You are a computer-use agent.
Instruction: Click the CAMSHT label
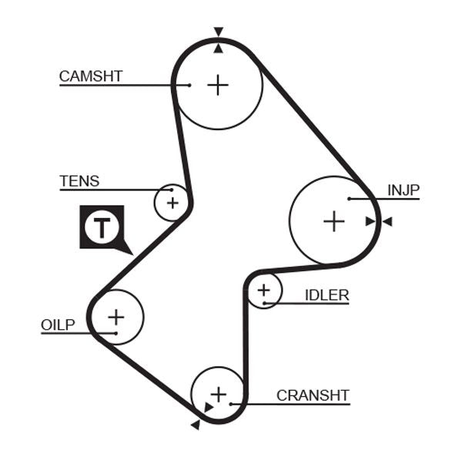click(91, 76)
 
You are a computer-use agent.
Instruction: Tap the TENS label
click(79, 181)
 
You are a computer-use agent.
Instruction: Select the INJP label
click(403, 190)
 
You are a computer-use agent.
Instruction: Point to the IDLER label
click(326, 294)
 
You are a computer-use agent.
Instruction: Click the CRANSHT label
click(313, 395)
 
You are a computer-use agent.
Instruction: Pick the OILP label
click(58, 325)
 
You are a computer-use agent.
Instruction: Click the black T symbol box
click(102, 227)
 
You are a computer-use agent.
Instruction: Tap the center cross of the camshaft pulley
click(219, 85)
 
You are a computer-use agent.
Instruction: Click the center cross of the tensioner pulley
click(172, 203)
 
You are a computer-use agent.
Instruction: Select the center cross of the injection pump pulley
click(333, 222)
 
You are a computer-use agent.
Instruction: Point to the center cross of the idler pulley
click(264, 291)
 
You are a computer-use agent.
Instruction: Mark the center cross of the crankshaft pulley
click(219, 394)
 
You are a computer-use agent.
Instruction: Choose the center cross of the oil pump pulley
click(116, 316)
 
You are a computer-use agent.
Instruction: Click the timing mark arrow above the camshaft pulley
click(219, 32)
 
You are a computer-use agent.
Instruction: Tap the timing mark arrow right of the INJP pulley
click(387, 222)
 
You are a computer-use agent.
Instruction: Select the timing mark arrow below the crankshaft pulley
click(196, 423)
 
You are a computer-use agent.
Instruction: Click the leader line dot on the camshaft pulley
click(189, 85)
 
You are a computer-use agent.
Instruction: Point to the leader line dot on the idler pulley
click(264, 303)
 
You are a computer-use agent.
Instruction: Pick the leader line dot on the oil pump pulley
click(116, 333)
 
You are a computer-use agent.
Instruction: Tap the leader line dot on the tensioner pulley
click(172, 190)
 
